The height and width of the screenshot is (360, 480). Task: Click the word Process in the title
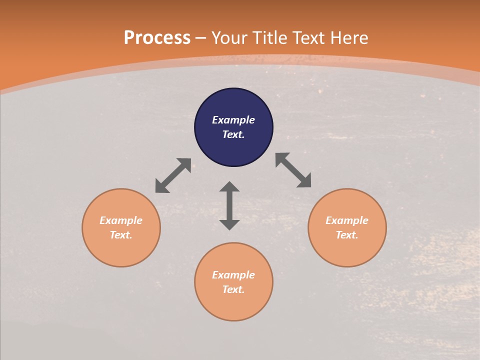(157, 38)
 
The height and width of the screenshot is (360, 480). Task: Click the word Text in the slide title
(308, 38)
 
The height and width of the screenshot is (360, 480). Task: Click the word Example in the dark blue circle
(233, 120)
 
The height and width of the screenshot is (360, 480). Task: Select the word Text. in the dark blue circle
(233, 134)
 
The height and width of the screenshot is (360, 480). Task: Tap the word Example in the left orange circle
(121, 220)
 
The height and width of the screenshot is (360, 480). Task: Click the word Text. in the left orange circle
(121, 235)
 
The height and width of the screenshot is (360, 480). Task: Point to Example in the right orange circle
(347, 220)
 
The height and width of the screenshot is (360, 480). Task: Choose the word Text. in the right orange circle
(347, 235)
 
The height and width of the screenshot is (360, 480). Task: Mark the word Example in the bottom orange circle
(233, 275)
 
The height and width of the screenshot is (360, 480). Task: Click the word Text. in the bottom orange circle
(233, 289)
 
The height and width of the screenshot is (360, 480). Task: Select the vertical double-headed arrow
(229, 205)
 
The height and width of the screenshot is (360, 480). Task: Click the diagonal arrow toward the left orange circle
(173, 175)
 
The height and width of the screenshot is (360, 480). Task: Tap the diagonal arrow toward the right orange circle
(293, 170)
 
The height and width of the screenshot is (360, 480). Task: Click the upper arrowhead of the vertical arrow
(229, 186)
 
